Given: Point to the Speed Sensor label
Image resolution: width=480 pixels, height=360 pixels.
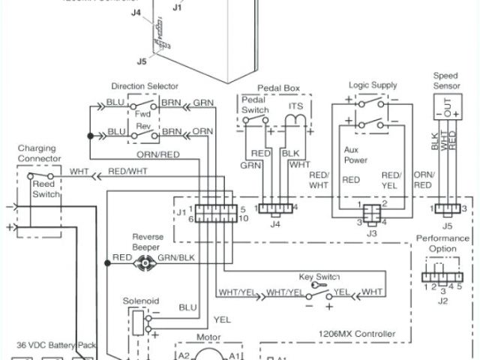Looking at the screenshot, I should (x=447, y=81).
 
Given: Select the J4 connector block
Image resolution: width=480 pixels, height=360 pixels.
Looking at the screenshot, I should (x=275, y=207).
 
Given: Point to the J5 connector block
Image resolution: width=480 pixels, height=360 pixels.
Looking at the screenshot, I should (x=447, y=207).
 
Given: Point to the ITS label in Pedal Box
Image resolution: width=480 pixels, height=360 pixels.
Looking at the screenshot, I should (x=295, y=106).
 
